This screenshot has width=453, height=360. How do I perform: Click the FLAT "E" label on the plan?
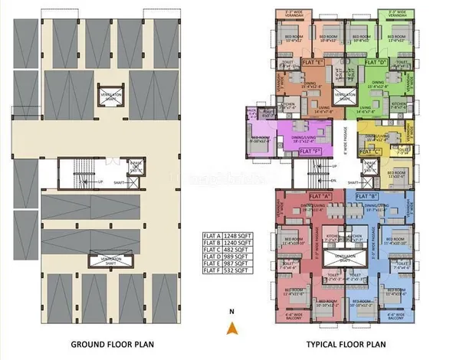[x=312, y=61]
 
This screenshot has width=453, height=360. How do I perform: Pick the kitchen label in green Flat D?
[x=399, y=104]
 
